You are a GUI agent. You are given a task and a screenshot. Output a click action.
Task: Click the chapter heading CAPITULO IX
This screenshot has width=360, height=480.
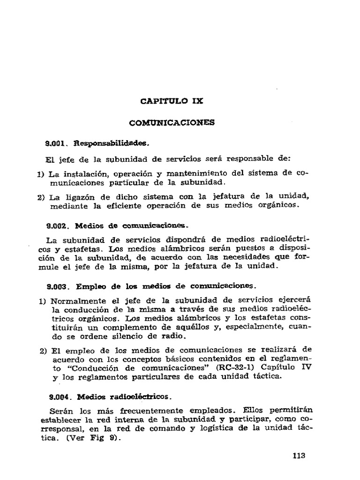pyautogui.click(x=172, y=100)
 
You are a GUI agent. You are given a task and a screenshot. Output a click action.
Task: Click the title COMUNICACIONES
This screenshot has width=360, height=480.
pyautogui.click(x=172, y=123)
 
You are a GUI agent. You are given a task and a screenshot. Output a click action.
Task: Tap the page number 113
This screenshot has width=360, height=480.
pyautogui.click(x=299, y=455)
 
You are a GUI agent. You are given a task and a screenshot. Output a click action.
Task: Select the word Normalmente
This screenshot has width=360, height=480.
pyautogui.click(x=73, y=300)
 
